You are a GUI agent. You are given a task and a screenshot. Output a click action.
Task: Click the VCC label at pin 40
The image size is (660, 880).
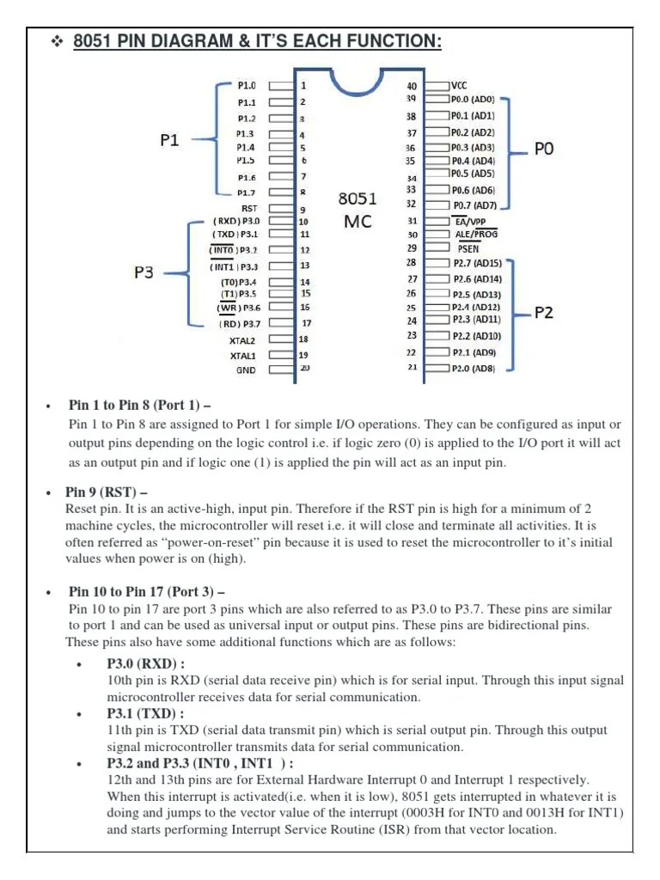[459, 86]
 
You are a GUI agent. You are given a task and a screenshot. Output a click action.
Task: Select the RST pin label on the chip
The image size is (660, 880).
[248, 208]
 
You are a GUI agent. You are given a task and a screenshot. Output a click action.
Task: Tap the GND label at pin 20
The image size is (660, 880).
[246, 370]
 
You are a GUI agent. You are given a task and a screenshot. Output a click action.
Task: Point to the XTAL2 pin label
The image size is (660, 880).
[242, 340]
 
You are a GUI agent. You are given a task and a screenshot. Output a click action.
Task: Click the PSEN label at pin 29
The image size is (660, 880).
[468, 248]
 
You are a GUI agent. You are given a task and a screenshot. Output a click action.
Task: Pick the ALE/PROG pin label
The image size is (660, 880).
[475, 234]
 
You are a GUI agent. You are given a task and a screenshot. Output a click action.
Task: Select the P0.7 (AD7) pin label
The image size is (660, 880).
[474, 205]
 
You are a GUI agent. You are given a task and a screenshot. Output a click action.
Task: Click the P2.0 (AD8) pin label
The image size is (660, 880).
[474, 368]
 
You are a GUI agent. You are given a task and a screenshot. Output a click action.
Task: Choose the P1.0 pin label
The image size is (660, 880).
[247, 86]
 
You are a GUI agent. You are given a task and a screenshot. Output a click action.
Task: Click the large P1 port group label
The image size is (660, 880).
[169, 140]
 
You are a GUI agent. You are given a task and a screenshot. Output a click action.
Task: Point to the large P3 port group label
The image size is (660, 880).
[144, 272]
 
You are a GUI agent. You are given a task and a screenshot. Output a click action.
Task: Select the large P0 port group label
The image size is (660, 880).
[544, 150]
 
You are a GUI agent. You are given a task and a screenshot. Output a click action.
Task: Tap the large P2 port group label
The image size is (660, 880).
[544, 313]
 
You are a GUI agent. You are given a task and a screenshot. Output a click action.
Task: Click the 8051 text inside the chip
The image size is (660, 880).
[358, 199]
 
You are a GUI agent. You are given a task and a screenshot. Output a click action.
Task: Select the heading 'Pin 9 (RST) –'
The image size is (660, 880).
[107, 492]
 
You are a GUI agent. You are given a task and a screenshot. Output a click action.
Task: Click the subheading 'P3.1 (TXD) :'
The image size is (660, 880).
[145, 713]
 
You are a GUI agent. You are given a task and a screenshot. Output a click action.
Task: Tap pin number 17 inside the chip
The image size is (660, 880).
[306, 323]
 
